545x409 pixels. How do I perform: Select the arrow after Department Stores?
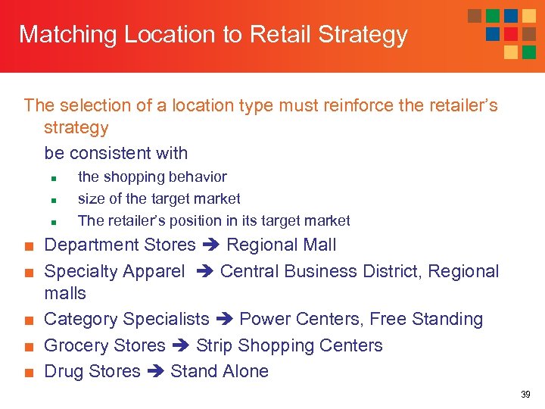pos(211,245)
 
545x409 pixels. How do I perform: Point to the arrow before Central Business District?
pos(205,271)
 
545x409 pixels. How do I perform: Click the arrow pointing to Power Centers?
pos(224,320)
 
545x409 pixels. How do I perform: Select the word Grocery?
pos(74,346)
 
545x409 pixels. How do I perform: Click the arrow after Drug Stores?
pos(156,372)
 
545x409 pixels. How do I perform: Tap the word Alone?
pos(244,372)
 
